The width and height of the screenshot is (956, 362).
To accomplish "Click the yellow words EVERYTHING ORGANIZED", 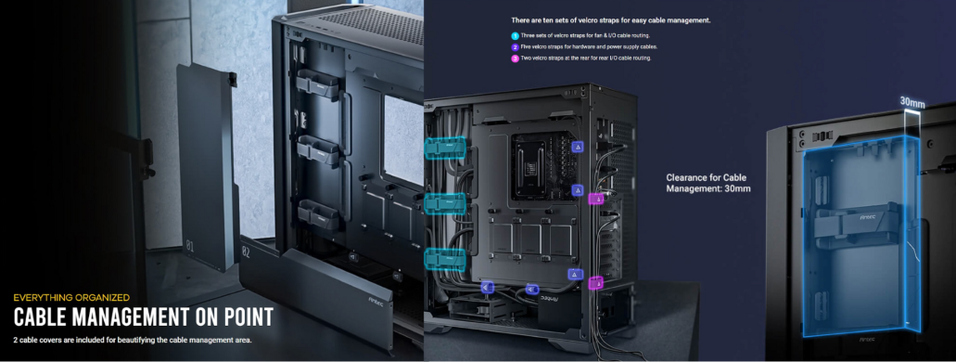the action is [71, 298].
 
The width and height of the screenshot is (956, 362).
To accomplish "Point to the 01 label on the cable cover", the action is [189, 247].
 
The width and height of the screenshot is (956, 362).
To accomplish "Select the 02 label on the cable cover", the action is [246, 251].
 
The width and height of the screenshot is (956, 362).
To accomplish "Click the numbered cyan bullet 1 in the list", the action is [516, 36].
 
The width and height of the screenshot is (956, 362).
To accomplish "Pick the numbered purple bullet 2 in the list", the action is [516, 47].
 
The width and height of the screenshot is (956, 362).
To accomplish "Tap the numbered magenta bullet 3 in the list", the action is [516, 58].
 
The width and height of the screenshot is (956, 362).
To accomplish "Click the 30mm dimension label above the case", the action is [912, 103].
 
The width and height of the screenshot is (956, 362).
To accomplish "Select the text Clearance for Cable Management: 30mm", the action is [707, 183].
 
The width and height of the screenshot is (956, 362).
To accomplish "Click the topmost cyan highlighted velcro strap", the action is [445, 147].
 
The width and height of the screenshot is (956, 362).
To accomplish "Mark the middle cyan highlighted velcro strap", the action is [444, 202].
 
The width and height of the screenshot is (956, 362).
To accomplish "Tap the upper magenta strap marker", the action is [595, 199].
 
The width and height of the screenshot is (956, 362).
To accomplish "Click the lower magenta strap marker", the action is [595, 283].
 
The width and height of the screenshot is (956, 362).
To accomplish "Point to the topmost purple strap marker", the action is [577, 147].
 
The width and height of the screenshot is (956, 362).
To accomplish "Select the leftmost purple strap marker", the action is [487, 288].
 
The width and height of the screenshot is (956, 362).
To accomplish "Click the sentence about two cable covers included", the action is [133, 340].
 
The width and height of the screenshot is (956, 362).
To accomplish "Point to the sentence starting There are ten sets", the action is [611, 20].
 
